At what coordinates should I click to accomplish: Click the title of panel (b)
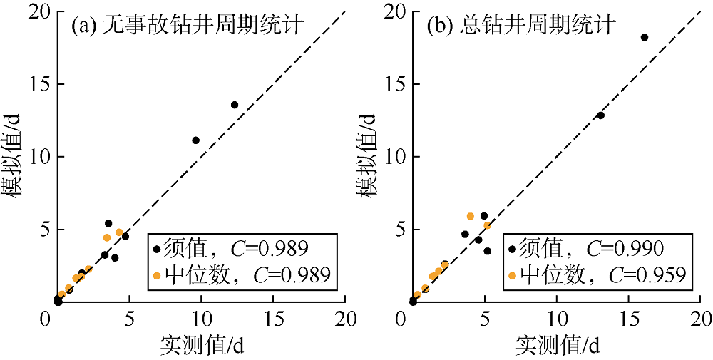point(521,27)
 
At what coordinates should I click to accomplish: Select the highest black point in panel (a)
point(235,105)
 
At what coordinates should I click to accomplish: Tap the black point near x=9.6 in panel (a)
point(195,140)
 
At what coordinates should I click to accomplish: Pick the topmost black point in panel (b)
point(645,37)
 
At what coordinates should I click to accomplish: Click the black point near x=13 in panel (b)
point(600,115)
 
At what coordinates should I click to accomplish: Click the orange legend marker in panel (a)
point(158,274)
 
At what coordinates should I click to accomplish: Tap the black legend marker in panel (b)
point(513,249)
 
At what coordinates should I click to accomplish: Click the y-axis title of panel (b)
point(371,157)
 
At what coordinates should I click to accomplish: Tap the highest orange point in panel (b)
point(471,216)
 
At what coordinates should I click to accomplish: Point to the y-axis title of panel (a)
point(14,157)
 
